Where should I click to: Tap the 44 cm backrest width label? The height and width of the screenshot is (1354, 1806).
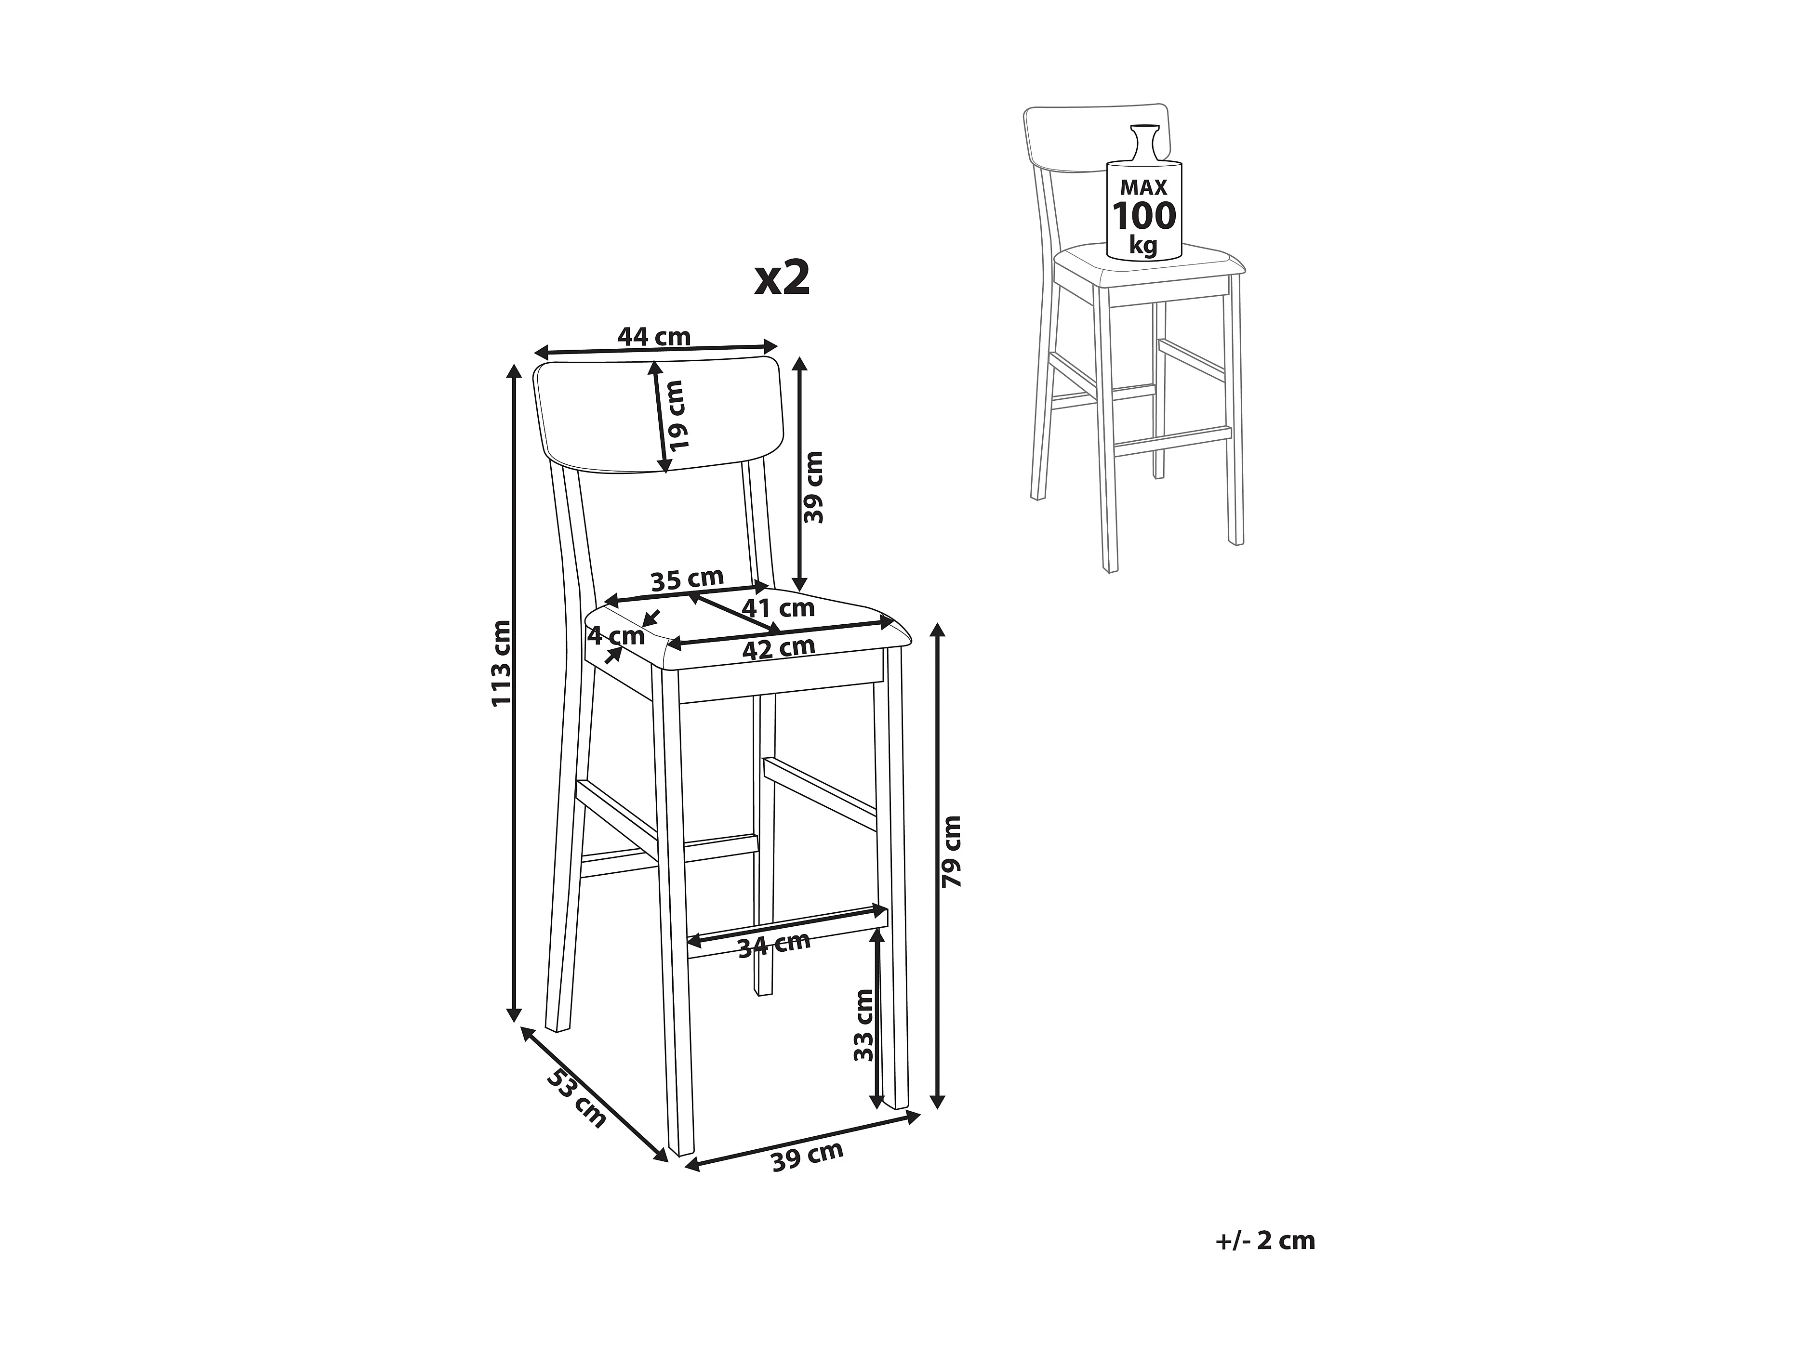[x=654, y=336]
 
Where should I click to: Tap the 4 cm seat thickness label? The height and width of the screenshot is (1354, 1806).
[x=616, y=634]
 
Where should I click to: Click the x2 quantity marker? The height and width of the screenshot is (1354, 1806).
[x=782, y=278]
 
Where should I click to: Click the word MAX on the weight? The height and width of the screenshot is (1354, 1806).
[x=1144, y=188]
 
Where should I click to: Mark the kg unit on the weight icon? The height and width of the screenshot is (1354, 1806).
[x=1144, y=244]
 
